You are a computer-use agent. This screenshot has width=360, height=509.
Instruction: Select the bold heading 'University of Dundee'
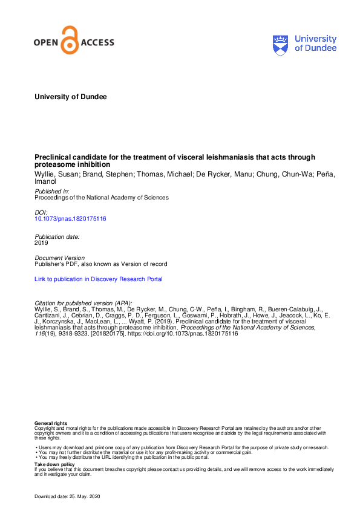[x=71, y=97]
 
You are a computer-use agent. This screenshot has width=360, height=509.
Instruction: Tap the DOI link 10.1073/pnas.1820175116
[x=71, y=219]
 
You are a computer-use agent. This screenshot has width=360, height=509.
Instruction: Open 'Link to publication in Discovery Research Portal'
[x=99, y=279]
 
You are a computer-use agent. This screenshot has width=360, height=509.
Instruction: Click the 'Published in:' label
[x=52, y=190]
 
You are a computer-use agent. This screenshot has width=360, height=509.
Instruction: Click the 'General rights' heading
[x=51, y=423]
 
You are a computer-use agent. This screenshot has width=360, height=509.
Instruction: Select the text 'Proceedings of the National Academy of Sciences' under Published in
[x=102, y=197]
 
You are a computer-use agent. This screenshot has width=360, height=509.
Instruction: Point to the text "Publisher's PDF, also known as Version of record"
[x=101, y=264]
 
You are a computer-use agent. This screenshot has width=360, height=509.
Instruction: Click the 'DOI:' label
[x=41, y=212]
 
